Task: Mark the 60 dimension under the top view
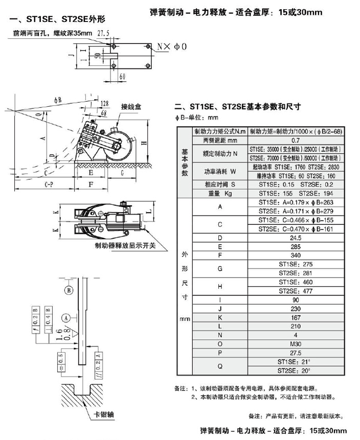[122, 76]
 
